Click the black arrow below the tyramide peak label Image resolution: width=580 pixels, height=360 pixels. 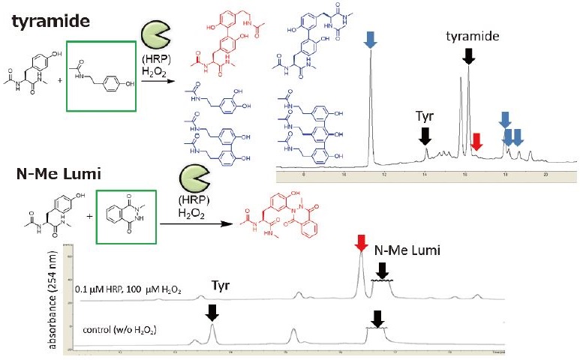pos(469,55)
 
